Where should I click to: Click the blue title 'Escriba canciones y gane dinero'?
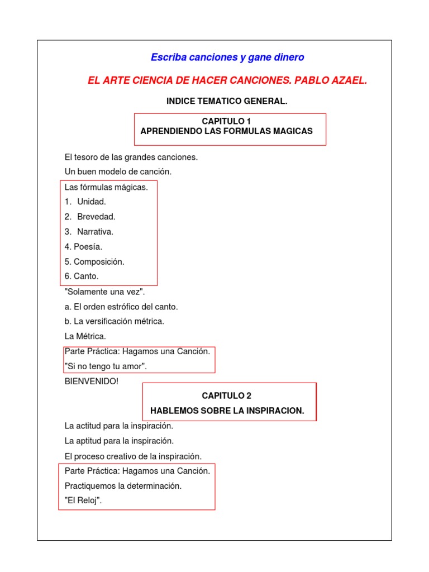click(x=227, y=58)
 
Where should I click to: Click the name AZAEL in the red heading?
click(x=347, y=81)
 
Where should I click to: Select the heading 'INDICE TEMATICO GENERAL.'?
click(x=227, y=101)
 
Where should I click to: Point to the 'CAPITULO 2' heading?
click(x=227, y=395)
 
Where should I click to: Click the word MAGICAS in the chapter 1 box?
click(x=290, y=131)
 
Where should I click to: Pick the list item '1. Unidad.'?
click(x=85, y=202)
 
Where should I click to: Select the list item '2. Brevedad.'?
click(x=90, y=217)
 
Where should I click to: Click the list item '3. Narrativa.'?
click(x=89, y=231)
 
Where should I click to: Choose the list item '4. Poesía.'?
click(x=84, y=246)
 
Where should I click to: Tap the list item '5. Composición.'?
click(x=94, y=261)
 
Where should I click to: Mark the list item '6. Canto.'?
click(x=82, y=276)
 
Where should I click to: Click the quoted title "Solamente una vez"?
click(x=105, y=292)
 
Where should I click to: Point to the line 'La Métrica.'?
click(x=85, y=336)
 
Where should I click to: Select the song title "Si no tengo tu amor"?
click(x=106, y=366)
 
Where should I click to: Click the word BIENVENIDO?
click(x=92, y=382)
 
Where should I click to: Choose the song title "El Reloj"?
click(x=84, y=500)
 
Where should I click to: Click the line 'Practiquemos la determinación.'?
click(x=123, y=485)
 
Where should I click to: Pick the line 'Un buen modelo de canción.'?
click(x=118, y=171)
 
